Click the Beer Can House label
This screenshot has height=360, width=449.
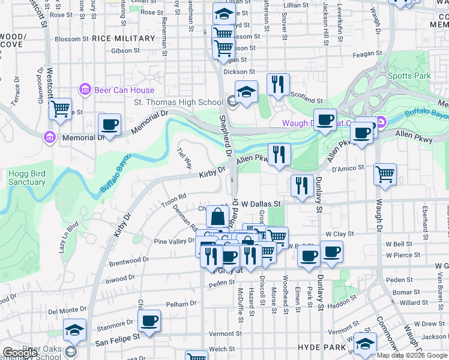pyautogui.click(x=124, y=90)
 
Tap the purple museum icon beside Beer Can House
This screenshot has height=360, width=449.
pyautogui.click(x=85, y=90)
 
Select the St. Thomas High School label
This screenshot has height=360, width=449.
pyautogui.click(x=178, y=102)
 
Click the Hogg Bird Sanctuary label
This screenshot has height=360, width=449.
pyautogui.click(x=27, y=178)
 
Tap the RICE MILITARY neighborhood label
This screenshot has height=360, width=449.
pyautogui.click(x=124, y=38)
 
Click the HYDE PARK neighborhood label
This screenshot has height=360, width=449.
pyautogui.click(x=322, y=347)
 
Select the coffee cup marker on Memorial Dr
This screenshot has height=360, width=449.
pyautogui.click(x=109, y=125)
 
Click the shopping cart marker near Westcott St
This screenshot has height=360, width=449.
pyautogui.click(x=60, y=109)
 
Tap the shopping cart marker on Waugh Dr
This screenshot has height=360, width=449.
pyautogui.click(x=385, y=175)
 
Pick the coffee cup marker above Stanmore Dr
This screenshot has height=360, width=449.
pyautogui.click(x=149, y=320)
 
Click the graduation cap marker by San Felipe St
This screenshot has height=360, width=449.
pyautogui.click(x=75, y=329)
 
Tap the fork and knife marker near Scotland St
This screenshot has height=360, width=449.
pyautogui.click(x=278, y=85)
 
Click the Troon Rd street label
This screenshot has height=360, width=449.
pyautogui.click(x=174, y=200)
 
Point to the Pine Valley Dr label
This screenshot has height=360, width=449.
pyautogui.click(x=175, y=241)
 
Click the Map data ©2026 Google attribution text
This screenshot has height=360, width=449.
pyautogui.click(x=412, y=355)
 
